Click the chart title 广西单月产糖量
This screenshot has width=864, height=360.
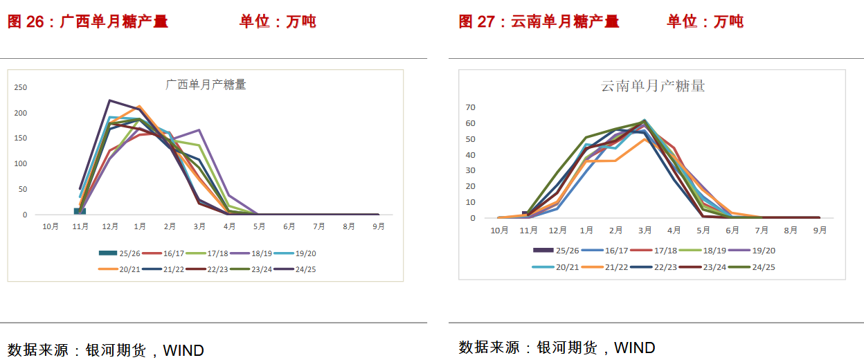point(206,84)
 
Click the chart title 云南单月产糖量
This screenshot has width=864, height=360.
point(653,87)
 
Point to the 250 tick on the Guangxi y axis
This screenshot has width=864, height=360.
point(21,87)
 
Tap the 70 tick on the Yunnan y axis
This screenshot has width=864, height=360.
point(471,107)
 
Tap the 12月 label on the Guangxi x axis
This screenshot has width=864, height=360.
point(109,226)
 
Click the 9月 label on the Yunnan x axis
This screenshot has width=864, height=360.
point(820,231)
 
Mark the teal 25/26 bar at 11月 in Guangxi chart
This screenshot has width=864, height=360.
point(80,210)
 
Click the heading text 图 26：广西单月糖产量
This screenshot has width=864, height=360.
point(88,21)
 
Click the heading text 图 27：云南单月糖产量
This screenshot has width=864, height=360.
point(539,21)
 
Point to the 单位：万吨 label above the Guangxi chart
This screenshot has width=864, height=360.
point(278,21)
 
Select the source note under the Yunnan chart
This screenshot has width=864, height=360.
point(557,348)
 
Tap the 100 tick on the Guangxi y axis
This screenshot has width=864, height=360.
point(21,164)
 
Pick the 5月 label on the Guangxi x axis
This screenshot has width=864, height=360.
point(259,226)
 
